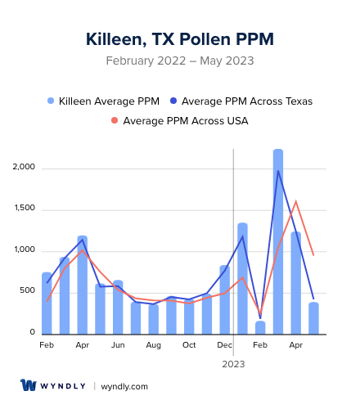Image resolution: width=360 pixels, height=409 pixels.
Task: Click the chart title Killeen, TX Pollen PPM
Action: click(180, 39)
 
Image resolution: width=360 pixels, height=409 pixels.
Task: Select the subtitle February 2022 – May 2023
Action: click(180, 61)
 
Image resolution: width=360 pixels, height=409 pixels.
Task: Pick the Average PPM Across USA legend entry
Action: click(179, 121)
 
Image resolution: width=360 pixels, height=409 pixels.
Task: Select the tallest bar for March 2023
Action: click(278, 241)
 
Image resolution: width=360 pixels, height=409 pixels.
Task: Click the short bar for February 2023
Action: click(260, 327)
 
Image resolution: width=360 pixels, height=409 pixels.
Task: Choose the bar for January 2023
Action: click(242, 278)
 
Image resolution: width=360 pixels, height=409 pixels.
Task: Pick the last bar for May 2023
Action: click(313, 318)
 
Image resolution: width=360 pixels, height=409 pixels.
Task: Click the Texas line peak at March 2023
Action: click(278, 170)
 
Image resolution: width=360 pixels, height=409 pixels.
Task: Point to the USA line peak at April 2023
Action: click(295, 201)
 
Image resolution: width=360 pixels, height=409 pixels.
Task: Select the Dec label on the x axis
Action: click(225, 345)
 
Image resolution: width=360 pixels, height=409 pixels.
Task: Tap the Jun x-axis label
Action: click(118, 345)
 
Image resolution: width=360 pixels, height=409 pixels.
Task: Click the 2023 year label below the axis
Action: click(234, 364)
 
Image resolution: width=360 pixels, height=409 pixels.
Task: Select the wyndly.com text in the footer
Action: click(124, 386)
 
